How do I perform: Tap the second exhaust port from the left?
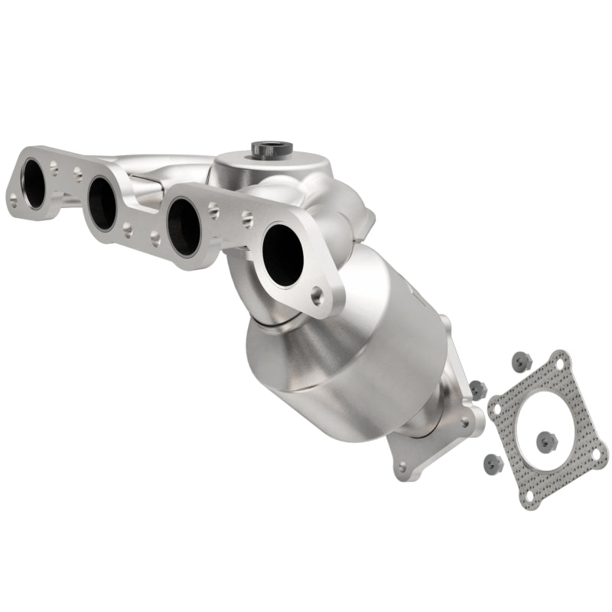coord(101,204)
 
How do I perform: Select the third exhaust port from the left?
coord(184,226)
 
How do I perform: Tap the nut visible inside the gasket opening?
coord(545,441)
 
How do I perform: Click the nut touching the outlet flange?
coord(477,389)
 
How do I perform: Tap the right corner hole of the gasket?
coord(596,454)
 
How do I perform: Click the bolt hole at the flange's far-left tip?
coord(13,201)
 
